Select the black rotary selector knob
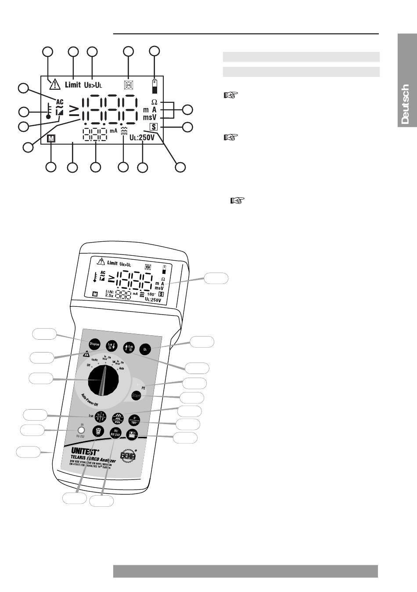pyautogui.click(x=104, y=381)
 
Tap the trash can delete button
pyautogui.click(x=97, y=431)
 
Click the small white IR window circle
pyautogui.click(x=80, y=431)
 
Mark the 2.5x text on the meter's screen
pyautogui.click(x=109, y=296)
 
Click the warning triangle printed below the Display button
pyautogui.click(x=86, y=354)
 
